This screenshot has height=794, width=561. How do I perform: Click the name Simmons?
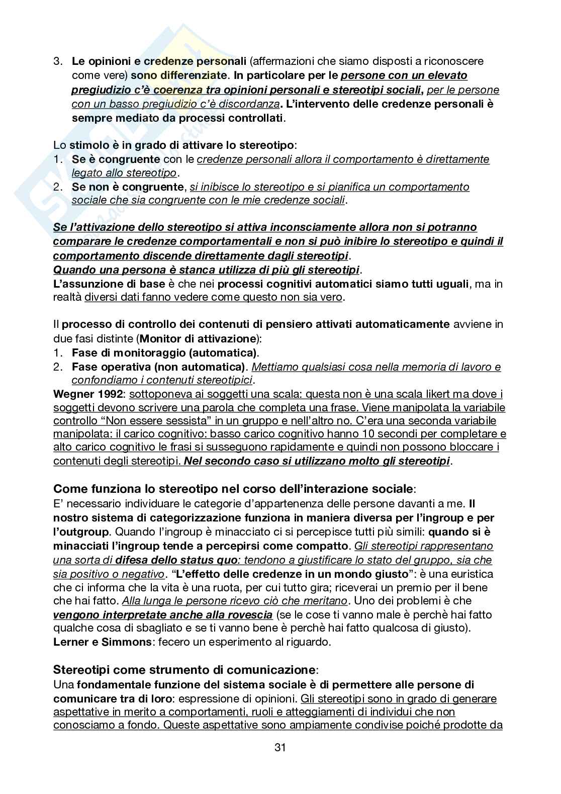(x=120, y=642)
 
